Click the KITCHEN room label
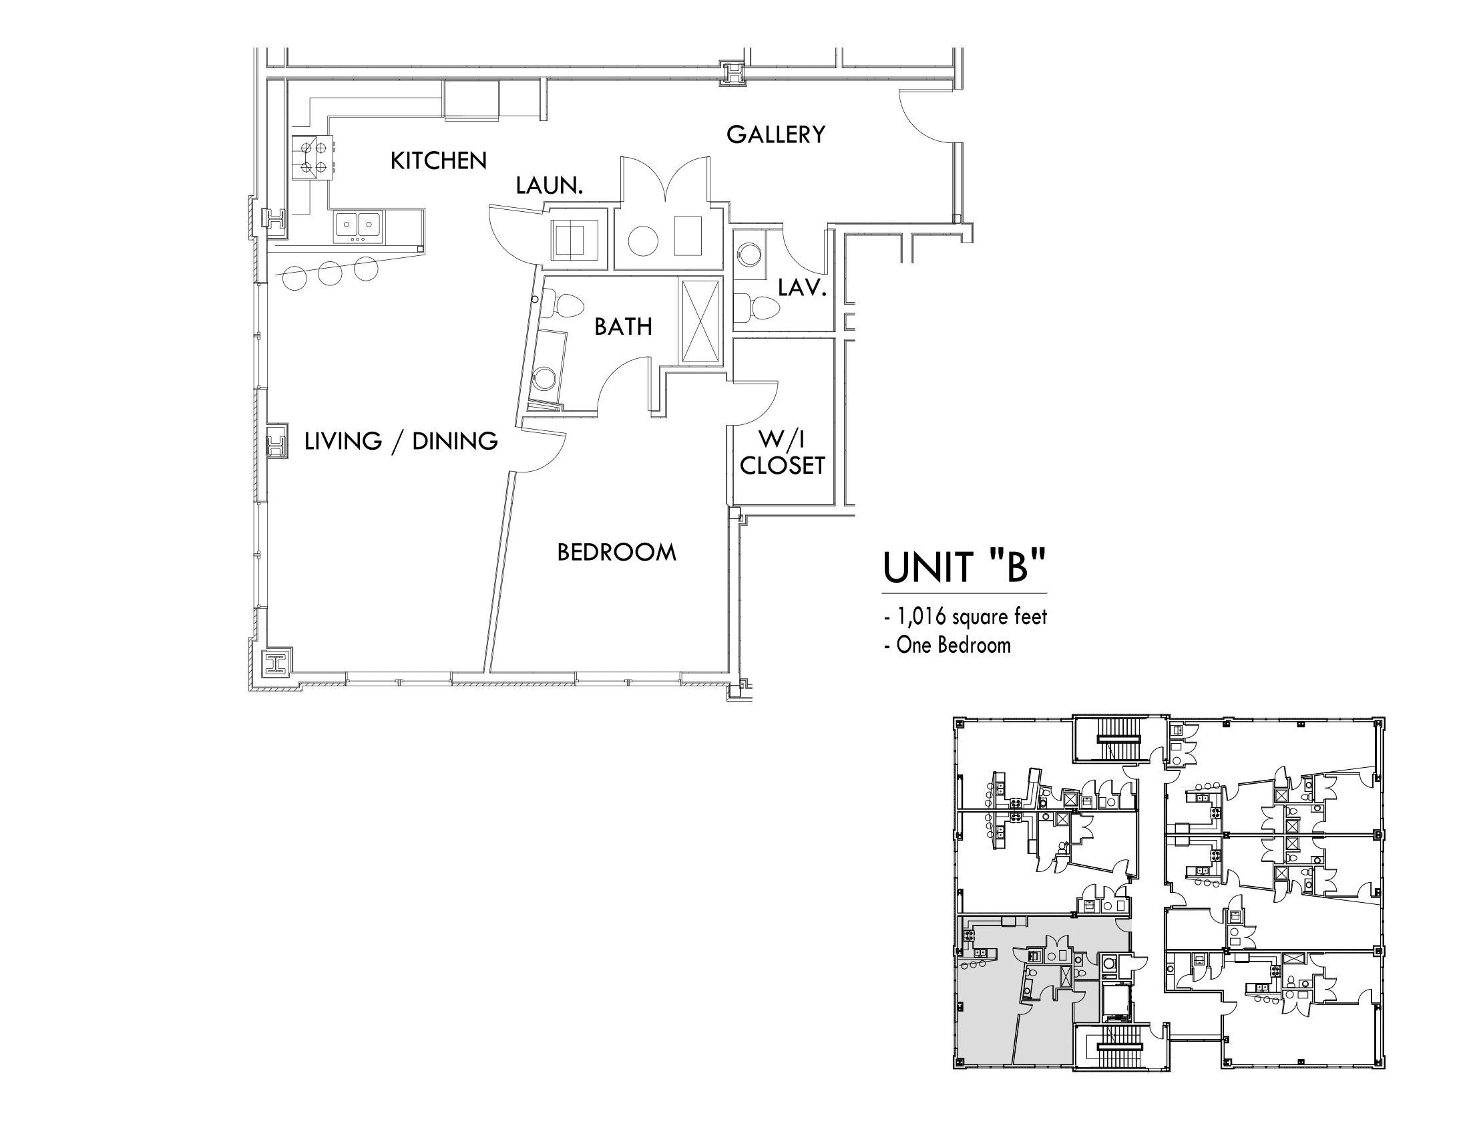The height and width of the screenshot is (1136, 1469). (x=439, y=161)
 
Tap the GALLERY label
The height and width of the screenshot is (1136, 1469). (x=775, y=134)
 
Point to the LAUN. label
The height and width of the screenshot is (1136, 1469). (x=549, y=186)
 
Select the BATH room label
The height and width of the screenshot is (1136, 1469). (x=624, y=327)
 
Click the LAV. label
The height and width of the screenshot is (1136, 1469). (x=802, y=288)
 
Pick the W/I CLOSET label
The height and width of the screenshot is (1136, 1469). (x=783, y=452)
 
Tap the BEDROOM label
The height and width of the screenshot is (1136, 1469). (x=617, y=553)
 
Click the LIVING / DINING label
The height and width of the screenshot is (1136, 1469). (x=401, y=442)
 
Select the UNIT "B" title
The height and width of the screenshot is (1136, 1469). (x=965, y=567)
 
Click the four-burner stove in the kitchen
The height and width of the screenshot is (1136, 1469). (x=313, y=157)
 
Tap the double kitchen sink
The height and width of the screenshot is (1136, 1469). (x=359, y=226)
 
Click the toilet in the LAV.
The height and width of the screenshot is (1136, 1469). (x=757, y=309)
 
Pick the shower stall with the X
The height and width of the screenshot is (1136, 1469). (x=700, y=321)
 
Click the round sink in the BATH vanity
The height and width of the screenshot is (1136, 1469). (x=544, y=378)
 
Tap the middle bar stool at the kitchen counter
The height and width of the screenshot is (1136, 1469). (x=331, y=273)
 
